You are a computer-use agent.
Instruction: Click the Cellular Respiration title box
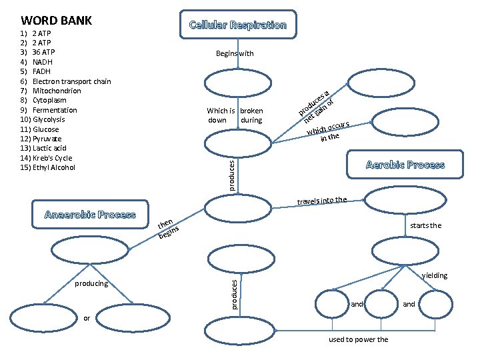coord(238,25)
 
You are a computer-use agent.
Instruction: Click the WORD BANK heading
coord(57,21)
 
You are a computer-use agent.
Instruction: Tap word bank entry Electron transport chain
coord(71,81)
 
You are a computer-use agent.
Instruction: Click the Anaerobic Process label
coord(89,215)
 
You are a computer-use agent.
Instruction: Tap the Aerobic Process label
coord(405,165)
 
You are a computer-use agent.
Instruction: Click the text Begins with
coord(235,53)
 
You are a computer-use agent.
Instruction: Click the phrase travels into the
coord(322,200)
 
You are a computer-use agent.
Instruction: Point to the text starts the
coord(425,225)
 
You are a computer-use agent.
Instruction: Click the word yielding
coord(434,275)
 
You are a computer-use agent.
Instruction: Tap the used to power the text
coord(358,340)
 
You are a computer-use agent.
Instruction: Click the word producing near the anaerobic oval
coord(91,283)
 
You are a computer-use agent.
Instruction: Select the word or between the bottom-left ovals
coord(87,317)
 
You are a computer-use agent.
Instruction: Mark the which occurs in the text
coord(329,131)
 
